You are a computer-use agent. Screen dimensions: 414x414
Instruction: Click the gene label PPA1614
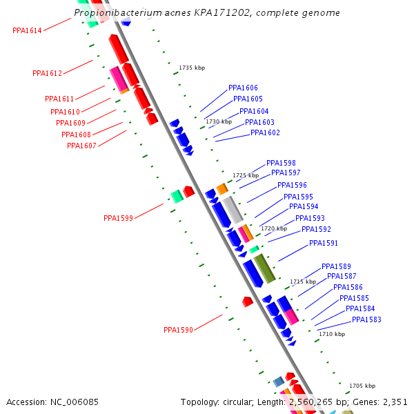tap(27, 30)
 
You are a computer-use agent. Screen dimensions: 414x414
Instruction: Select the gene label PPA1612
tap(47, 73)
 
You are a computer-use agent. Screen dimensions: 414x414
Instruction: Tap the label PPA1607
tap(81, 146)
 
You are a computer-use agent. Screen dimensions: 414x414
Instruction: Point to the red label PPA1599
tap(118, 218)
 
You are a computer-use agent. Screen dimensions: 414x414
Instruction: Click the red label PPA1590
tap(178, 330)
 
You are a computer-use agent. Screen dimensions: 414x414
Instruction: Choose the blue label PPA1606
tap(243, 88)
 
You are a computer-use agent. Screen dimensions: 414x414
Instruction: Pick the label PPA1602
tap(265, 132)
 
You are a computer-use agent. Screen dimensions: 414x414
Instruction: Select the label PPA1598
tap(281, 163)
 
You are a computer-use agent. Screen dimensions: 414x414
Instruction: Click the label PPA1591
tap(324, 243)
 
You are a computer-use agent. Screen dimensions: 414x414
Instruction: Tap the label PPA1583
tap(366, 319)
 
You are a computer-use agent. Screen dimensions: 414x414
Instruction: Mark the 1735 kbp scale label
tap(192, 68)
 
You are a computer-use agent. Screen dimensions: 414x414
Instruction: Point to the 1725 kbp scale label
tap(246, 175)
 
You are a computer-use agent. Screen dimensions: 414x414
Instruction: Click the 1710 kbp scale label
tap(332, 334)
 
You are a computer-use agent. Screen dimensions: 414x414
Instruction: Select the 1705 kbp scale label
tap(362, 386)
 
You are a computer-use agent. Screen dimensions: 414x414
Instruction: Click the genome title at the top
tap(207, 13)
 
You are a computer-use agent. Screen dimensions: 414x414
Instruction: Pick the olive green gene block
tap(264, 268)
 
